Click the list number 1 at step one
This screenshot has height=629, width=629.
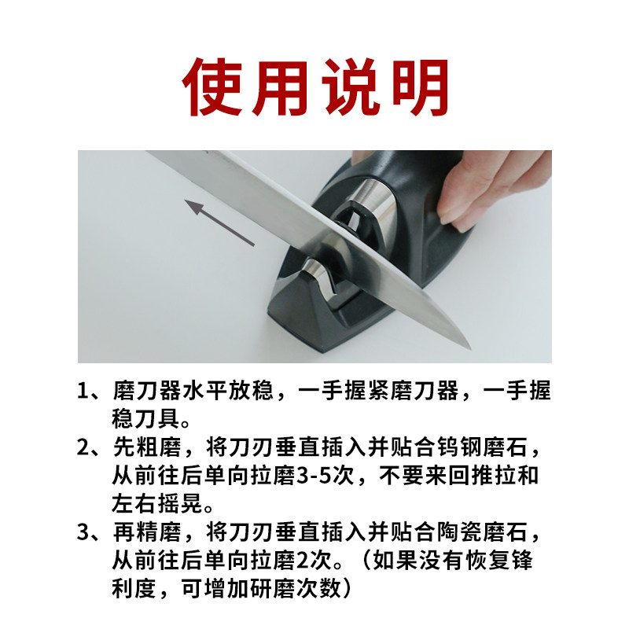85,391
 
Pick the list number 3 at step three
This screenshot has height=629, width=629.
85,534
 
